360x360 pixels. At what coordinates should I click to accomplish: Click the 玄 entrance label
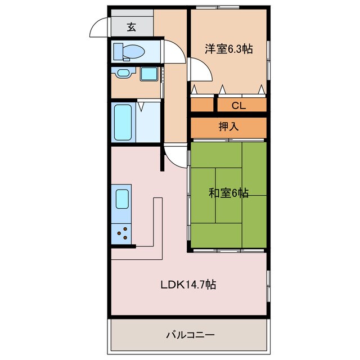(x=131, y=26)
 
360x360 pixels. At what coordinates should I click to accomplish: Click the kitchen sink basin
(x=123, y=199)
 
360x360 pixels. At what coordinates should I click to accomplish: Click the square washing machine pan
(x=148, y=74)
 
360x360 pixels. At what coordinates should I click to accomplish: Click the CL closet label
(x=238, y=105)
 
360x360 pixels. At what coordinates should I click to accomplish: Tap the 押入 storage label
(x=229, y=127)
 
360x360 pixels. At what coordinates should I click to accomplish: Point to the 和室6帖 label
(x=228, y=193)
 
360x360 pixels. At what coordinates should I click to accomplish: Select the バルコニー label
(x=190, y=335)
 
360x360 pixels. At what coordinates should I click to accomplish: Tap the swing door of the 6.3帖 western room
(x=199, y=71)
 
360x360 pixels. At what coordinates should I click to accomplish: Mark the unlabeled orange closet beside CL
(x=202, y=105)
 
